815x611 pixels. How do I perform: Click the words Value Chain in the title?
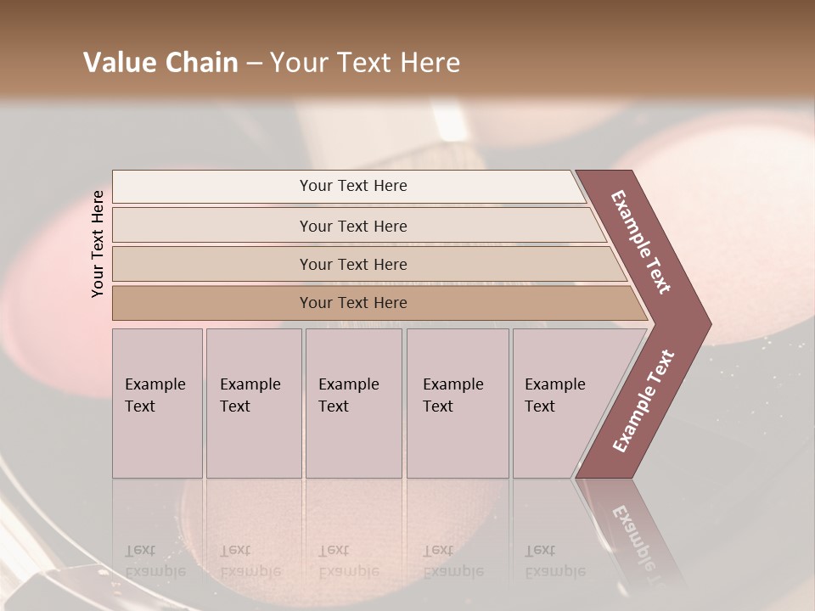click(160, 63)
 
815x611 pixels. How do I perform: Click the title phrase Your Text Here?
click(365, 63)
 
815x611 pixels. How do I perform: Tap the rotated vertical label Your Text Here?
click(98, 244)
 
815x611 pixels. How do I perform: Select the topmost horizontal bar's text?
click(353, 186)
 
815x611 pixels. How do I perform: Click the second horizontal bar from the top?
click(353, 226)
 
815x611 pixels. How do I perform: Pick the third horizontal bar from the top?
click(353, 264)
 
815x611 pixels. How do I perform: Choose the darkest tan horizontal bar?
click(353, 303)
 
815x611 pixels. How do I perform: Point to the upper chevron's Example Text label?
click(641, 242)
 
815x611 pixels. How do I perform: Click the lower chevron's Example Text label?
click(644, 401)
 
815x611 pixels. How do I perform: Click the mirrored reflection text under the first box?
click(155, 561)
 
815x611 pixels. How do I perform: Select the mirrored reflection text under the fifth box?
click(554, 561)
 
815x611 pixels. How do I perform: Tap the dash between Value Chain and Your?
click(254, 64)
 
